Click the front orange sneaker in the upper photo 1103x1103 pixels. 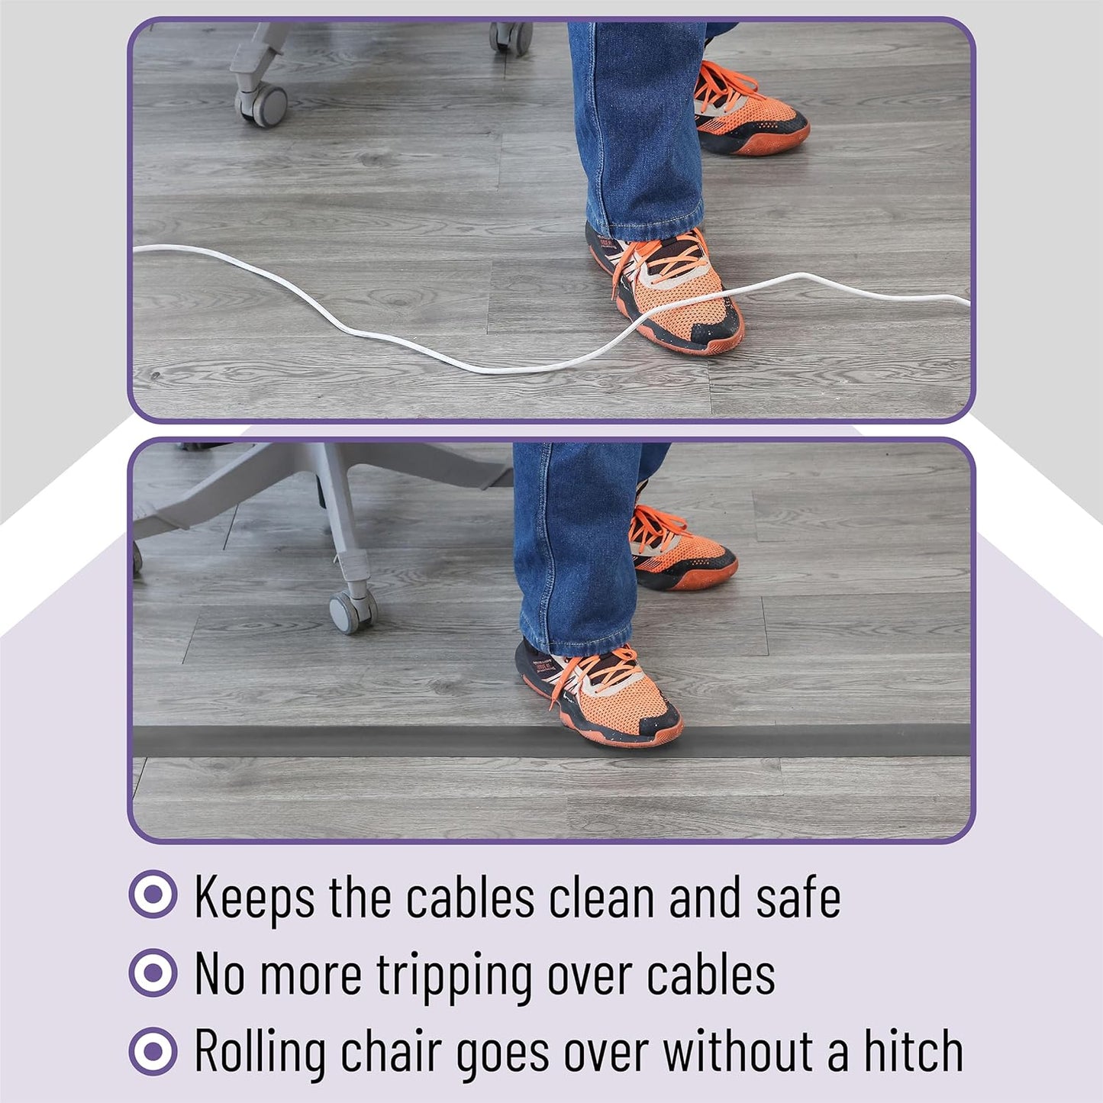[x=664, y=289]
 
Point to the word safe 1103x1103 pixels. [x=798, y=898]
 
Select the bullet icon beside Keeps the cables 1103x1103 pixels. [x=153, y=894]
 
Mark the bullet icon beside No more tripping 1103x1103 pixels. [x=153, y=972]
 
